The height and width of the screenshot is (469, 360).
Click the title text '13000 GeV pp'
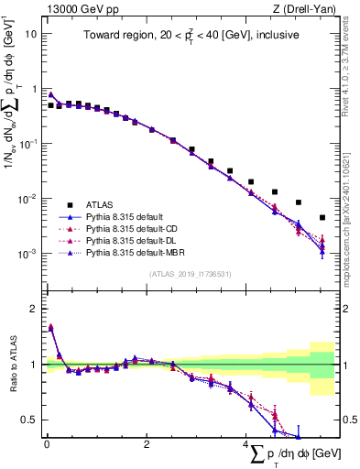(x=73, y=9)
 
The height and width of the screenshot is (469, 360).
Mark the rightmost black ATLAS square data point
(x=322, y=218)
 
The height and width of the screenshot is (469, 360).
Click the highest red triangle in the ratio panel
(x=51, y=327)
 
